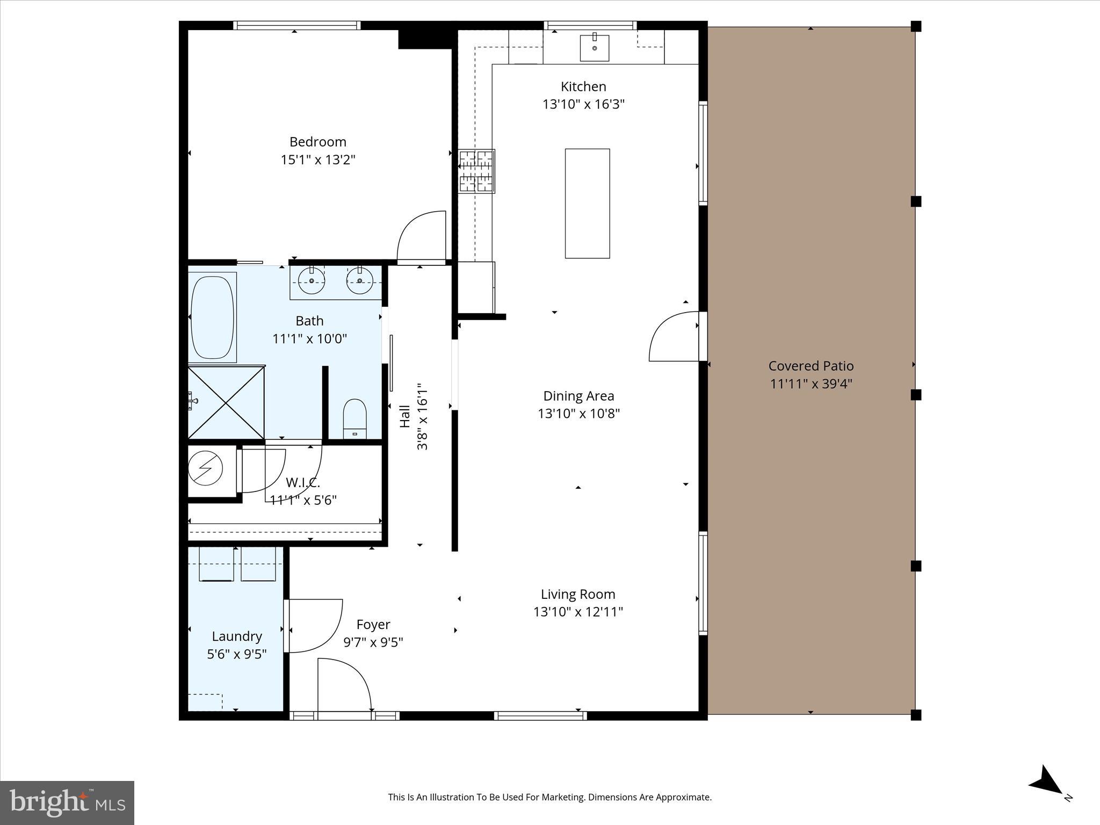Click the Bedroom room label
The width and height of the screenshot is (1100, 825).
(317, 142)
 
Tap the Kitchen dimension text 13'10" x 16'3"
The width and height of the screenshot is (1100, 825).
(583, 104)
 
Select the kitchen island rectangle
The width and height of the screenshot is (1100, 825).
(587, 204)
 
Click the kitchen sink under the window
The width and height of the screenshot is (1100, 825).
(595, 48)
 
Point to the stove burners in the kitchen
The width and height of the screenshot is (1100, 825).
(476, 171)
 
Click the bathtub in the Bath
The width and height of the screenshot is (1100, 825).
(213, 316)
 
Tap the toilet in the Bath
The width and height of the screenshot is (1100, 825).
(354, 418)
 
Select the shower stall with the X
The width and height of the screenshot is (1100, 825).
(226, 402)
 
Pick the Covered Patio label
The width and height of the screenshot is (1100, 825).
(810, 366)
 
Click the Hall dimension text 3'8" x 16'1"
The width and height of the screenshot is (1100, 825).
(422, 416)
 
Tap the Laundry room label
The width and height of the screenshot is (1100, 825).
(237, 636)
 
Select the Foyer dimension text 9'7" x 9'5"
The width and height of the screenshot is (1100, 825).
(373, 642)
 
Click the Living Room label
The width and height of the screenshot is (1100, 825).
(578, 594)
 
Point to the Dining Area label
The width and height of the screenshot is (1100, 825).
(578, 396)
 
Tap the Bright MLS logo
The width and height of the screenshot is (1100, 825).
(67, 803)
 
